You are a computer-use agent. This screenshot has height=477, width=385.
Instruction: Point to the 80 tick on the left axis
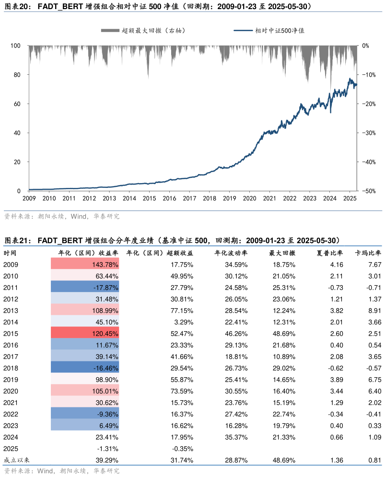point(17,75)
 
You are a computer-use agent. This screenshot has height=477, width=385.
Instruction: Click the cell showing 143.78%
point(85,264)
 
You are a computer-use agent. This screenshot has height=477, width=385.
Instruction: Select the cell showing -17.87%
point(85,287)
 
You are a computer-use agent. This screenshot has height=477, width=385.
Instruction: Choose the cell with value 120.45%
point(85,333)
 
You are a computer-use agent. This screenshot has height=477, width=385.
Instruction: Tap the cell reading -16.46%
point(85,368)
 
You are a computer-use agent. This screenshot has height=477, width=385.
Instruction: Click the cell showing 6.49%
point(85,425)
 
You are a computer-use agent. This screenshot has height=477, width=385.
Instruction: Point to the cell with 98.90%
point(85,379)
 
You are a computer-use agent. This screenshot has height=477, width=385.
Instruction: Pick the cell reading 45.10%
point(85,322)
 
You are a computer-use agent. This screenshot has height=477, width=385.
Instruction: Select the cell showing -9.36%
point(85,414)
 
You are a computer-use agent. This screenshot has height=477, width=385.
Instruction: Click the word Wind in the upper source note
point(79,217)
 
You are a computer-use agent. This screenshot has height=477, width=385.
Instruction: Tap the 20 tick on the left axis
point(17,162)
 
